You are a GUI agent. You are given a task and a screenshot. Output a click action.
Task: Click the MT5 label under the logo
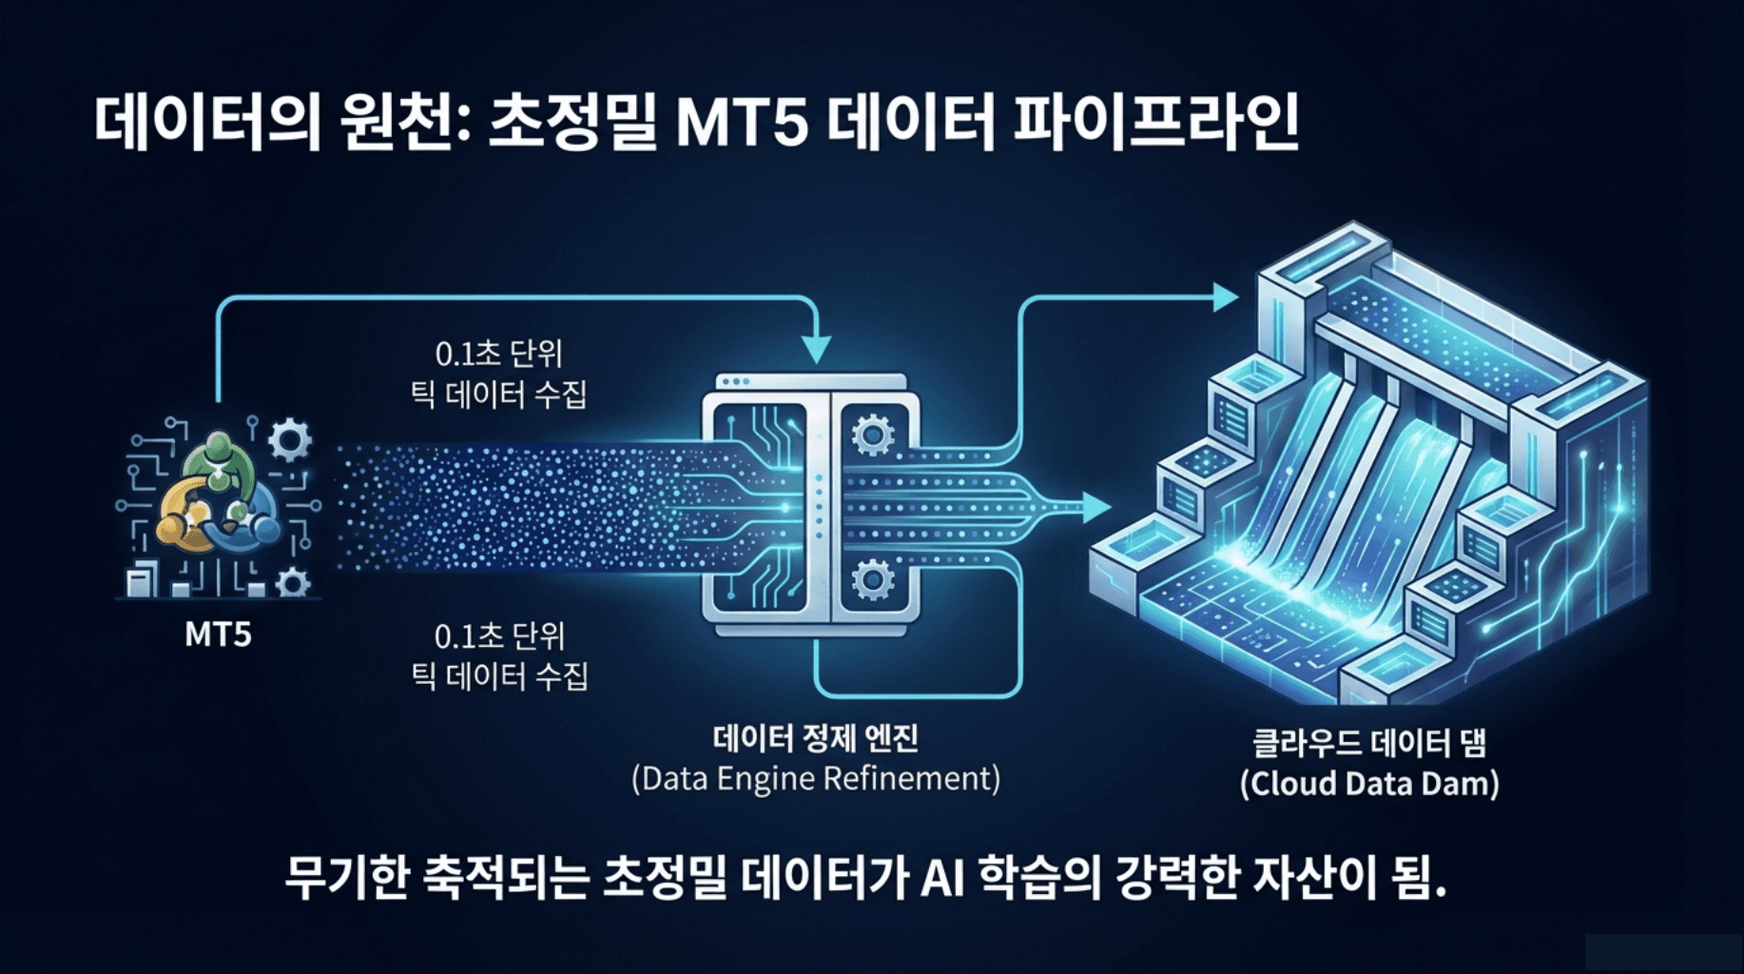[x=218, y=634]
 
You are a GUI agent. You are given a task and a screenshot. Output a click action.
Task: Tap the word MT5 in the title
[x=742, y=124]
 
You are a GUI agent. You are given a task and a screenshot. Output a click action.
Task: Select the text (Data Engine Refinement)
[x=816, y=779]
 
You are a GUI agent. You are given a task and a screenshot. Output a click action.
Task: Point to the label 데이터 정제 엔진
[x=816, y=738]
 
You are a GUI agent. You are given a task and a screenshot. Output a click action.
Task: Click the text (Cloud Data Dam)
[x=1369, y=784]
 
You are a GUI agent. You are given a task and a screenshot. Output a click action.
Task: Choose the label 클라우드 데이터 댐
[x=1369, y=743]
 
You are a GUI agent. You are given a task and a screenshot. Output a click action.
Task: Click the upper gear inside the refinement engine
[x=872, y=436]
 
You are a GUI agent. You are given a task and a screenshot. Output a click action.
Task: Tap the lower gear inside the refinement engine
[x=872, y=578]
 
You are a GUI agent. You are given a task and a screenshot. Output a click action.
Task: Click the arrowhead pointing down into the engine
[x=816, y=349]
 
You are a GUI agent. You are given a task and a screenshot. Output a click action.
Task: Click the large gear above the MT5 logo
[x=289, y=439]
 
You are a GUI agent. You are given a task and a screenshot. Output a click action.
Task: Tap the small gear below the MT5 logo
[x=293, y=582]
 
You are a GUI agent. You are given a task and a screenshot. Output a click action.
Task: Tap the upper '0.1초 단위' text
[x=499, y=354]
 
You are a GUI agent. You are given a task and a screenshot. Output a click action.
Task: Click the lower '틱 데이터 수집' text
[x=499, y=676]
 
